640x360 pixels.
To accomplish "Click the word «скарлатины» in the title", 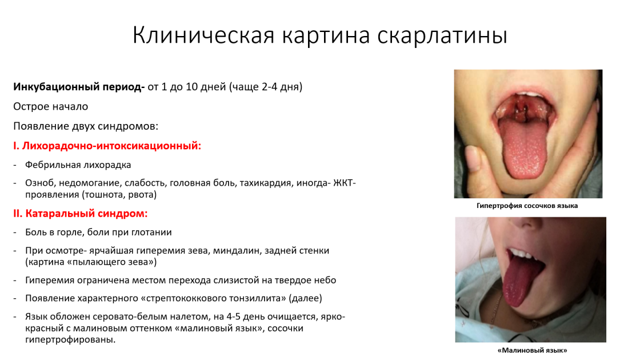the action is click(x=442, y=35).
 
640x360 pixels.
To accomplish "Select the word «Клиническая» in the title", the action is click(x=203, y=35).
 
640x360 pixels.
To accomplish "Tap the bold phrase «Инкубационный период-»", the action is click(x=79, y=87).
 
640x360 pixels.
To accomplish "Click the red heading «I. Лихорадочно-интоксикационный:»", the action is click(x=107, y=146).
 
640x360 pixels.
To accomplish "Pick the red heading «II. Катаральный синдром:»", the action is click(x=81, y=214).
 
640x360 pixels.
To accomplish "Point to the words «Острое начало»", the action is click(x=51, y=106).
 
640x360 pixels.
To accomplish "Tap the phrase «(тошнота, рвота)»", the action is click(x=120, y=195).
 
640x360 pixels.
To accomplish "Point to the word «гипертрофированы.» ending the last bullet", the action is click(x=70, y=340).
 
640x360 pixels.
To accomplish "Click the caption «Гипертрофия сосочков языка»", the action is click(x=527, y=206).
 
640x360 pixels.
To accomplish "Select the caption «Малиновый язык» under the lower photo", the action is click(x=532, y=350).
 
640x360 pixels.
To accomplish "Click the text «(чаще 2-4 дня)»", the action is click(x=266, y=87).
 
